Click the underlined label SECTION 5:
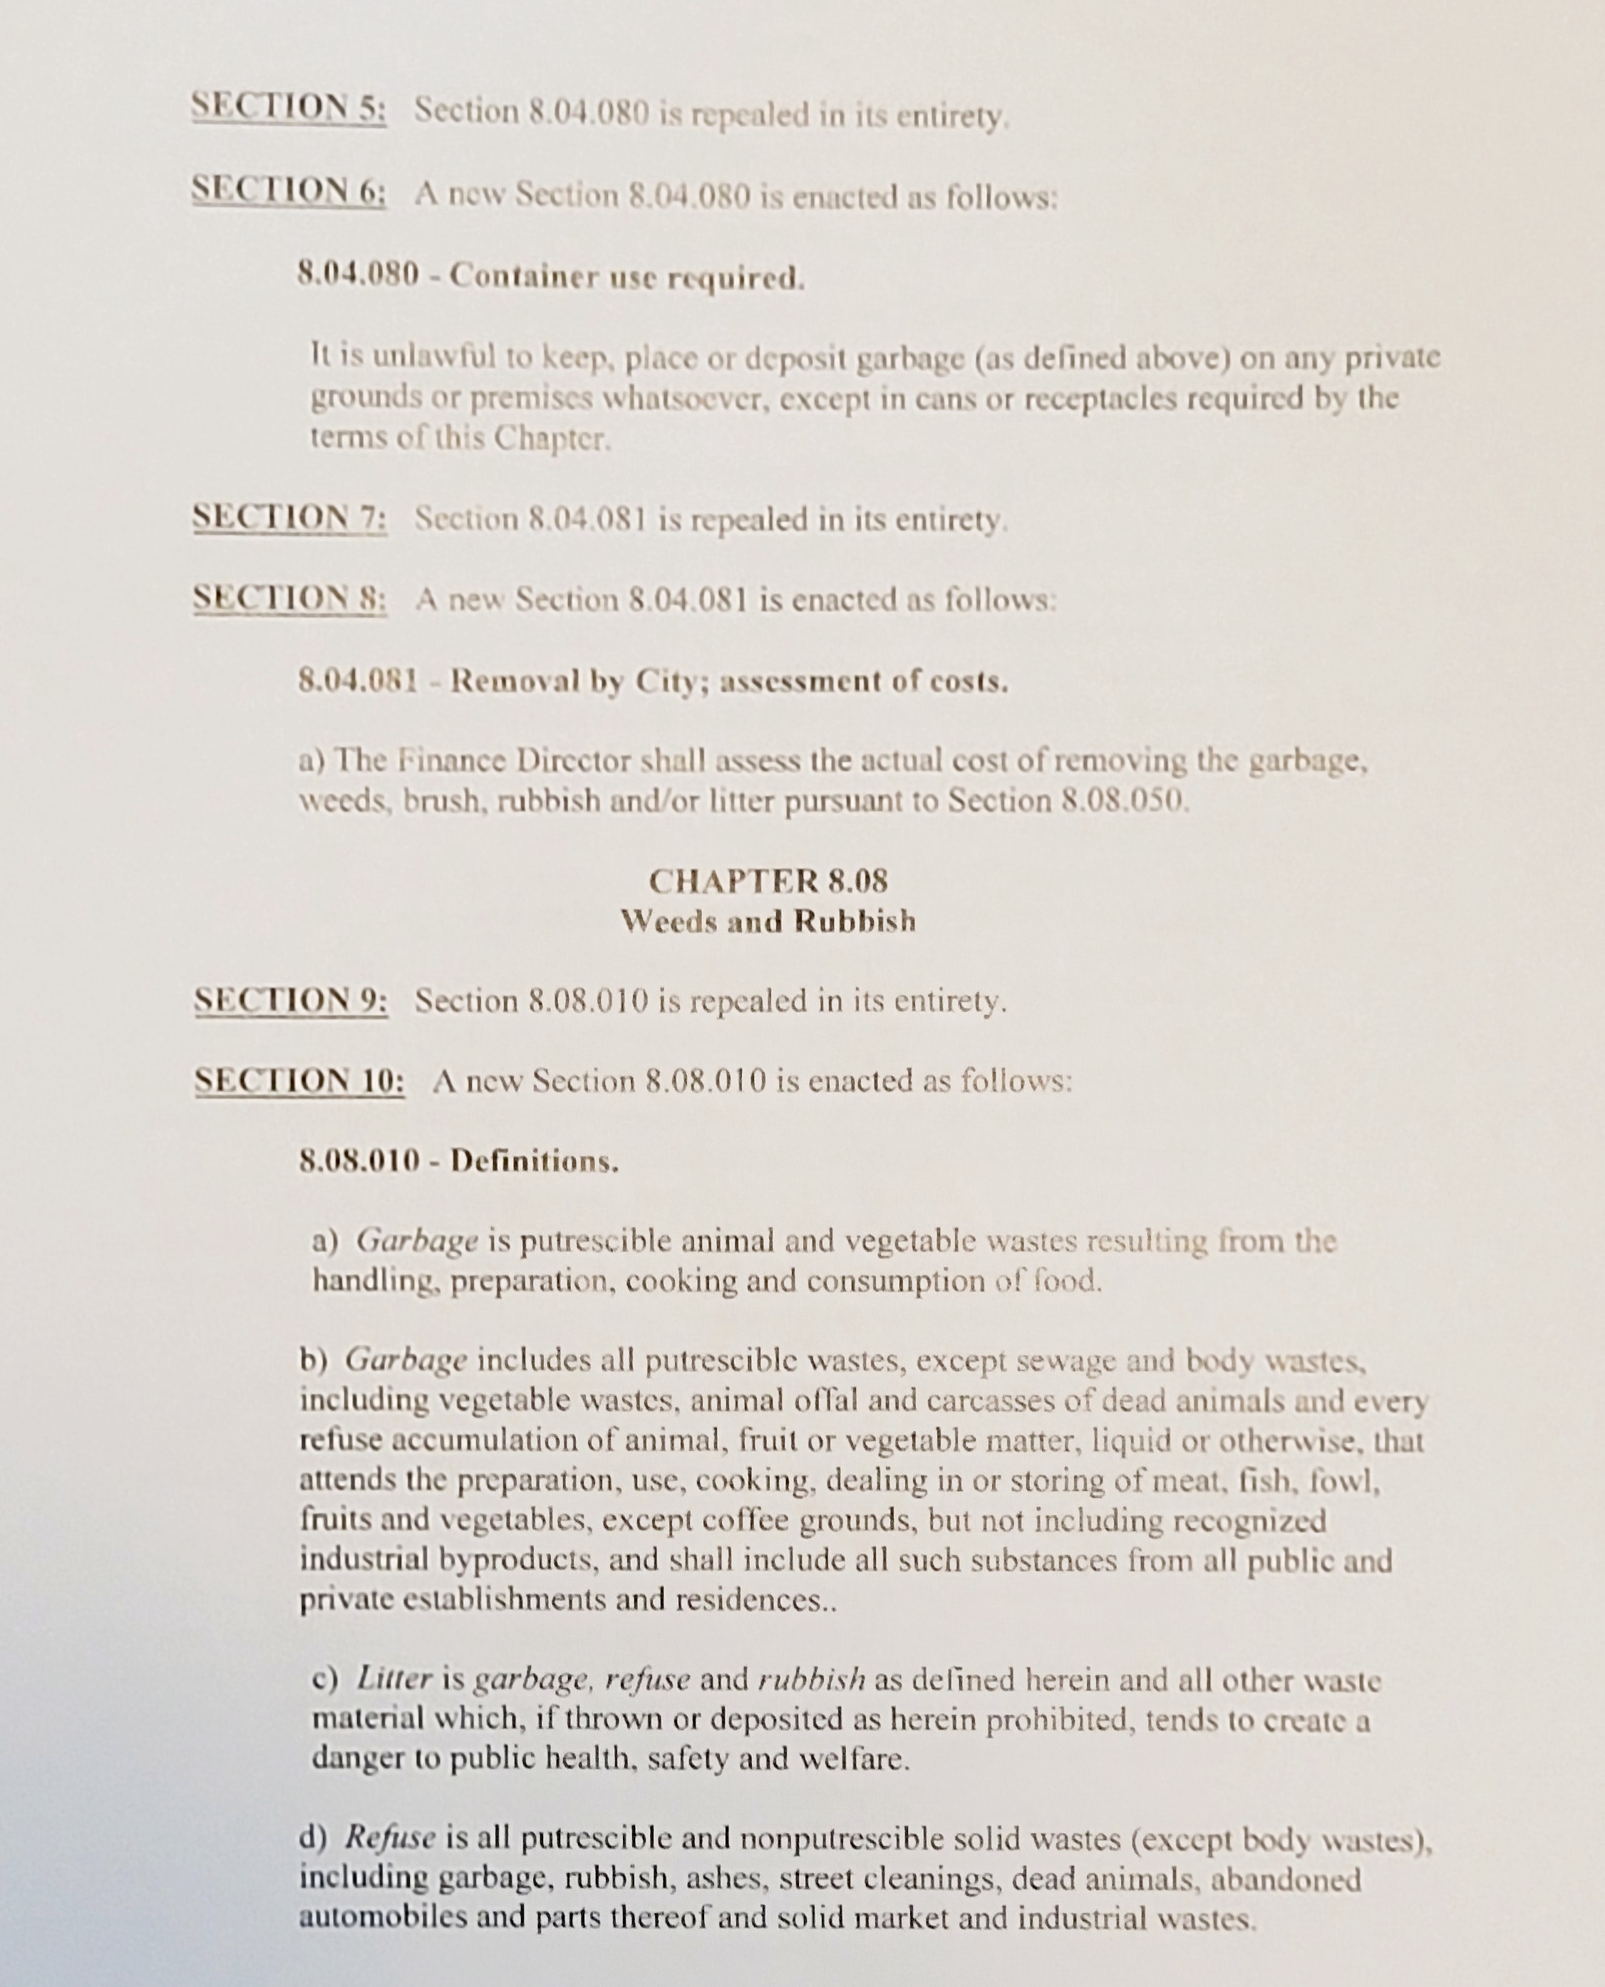pos(289,109)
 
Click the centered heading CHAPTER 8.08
pos(768,881)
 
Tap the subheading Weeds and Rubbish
pos(768,921)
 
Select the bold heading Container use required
pos(627,277)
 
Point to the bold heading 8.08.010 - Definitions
pos(458,1160)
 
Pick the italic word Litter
pos(395,1678)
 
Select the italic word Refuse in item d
pos(390,1837)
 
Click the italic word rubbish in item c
pos(812,1678)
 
